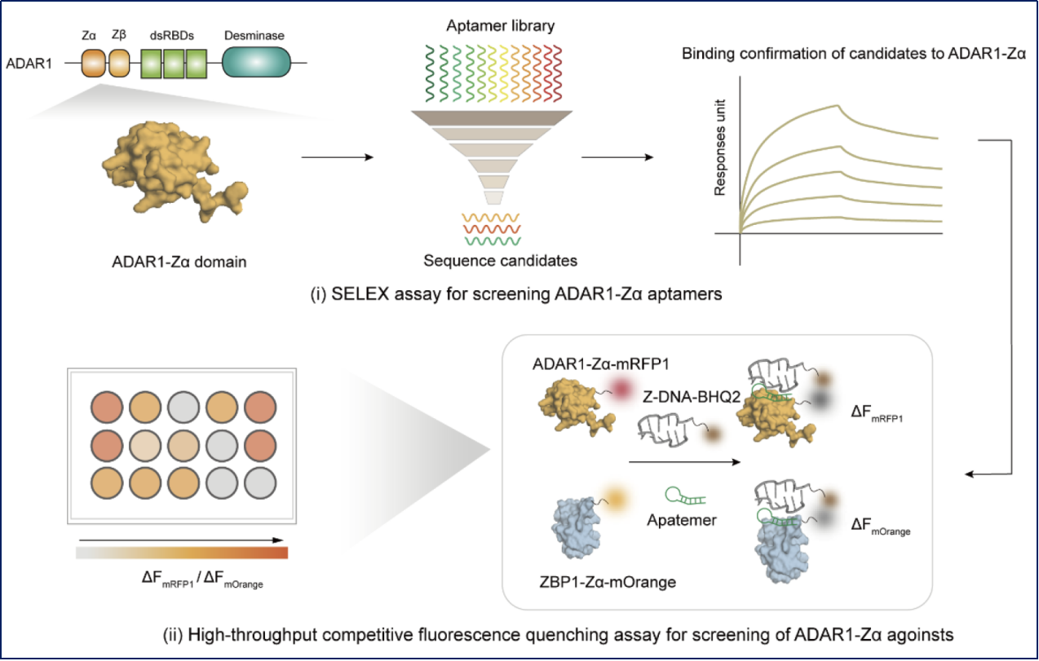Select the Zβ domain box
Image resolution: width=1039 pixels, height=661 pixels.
click(x=119, y=63)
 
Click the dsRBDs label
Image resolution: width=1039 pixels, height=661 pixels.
click(x=173, y=37)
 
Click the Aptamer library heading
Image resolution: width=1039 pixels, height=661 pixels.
click(x=500, y=26)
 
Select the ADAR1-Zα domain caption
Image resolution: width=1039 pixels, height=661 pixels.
click(x=178, y=261)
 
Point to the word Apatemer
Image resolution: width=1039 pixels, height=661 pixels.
click(x=683, y=519)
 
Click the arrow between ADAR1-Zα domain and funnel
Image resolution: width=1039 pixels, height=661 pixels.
click(x=338, y=156)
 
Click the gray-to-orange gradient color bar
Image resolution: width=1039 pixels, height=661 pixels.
click(x=181, y=553)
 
